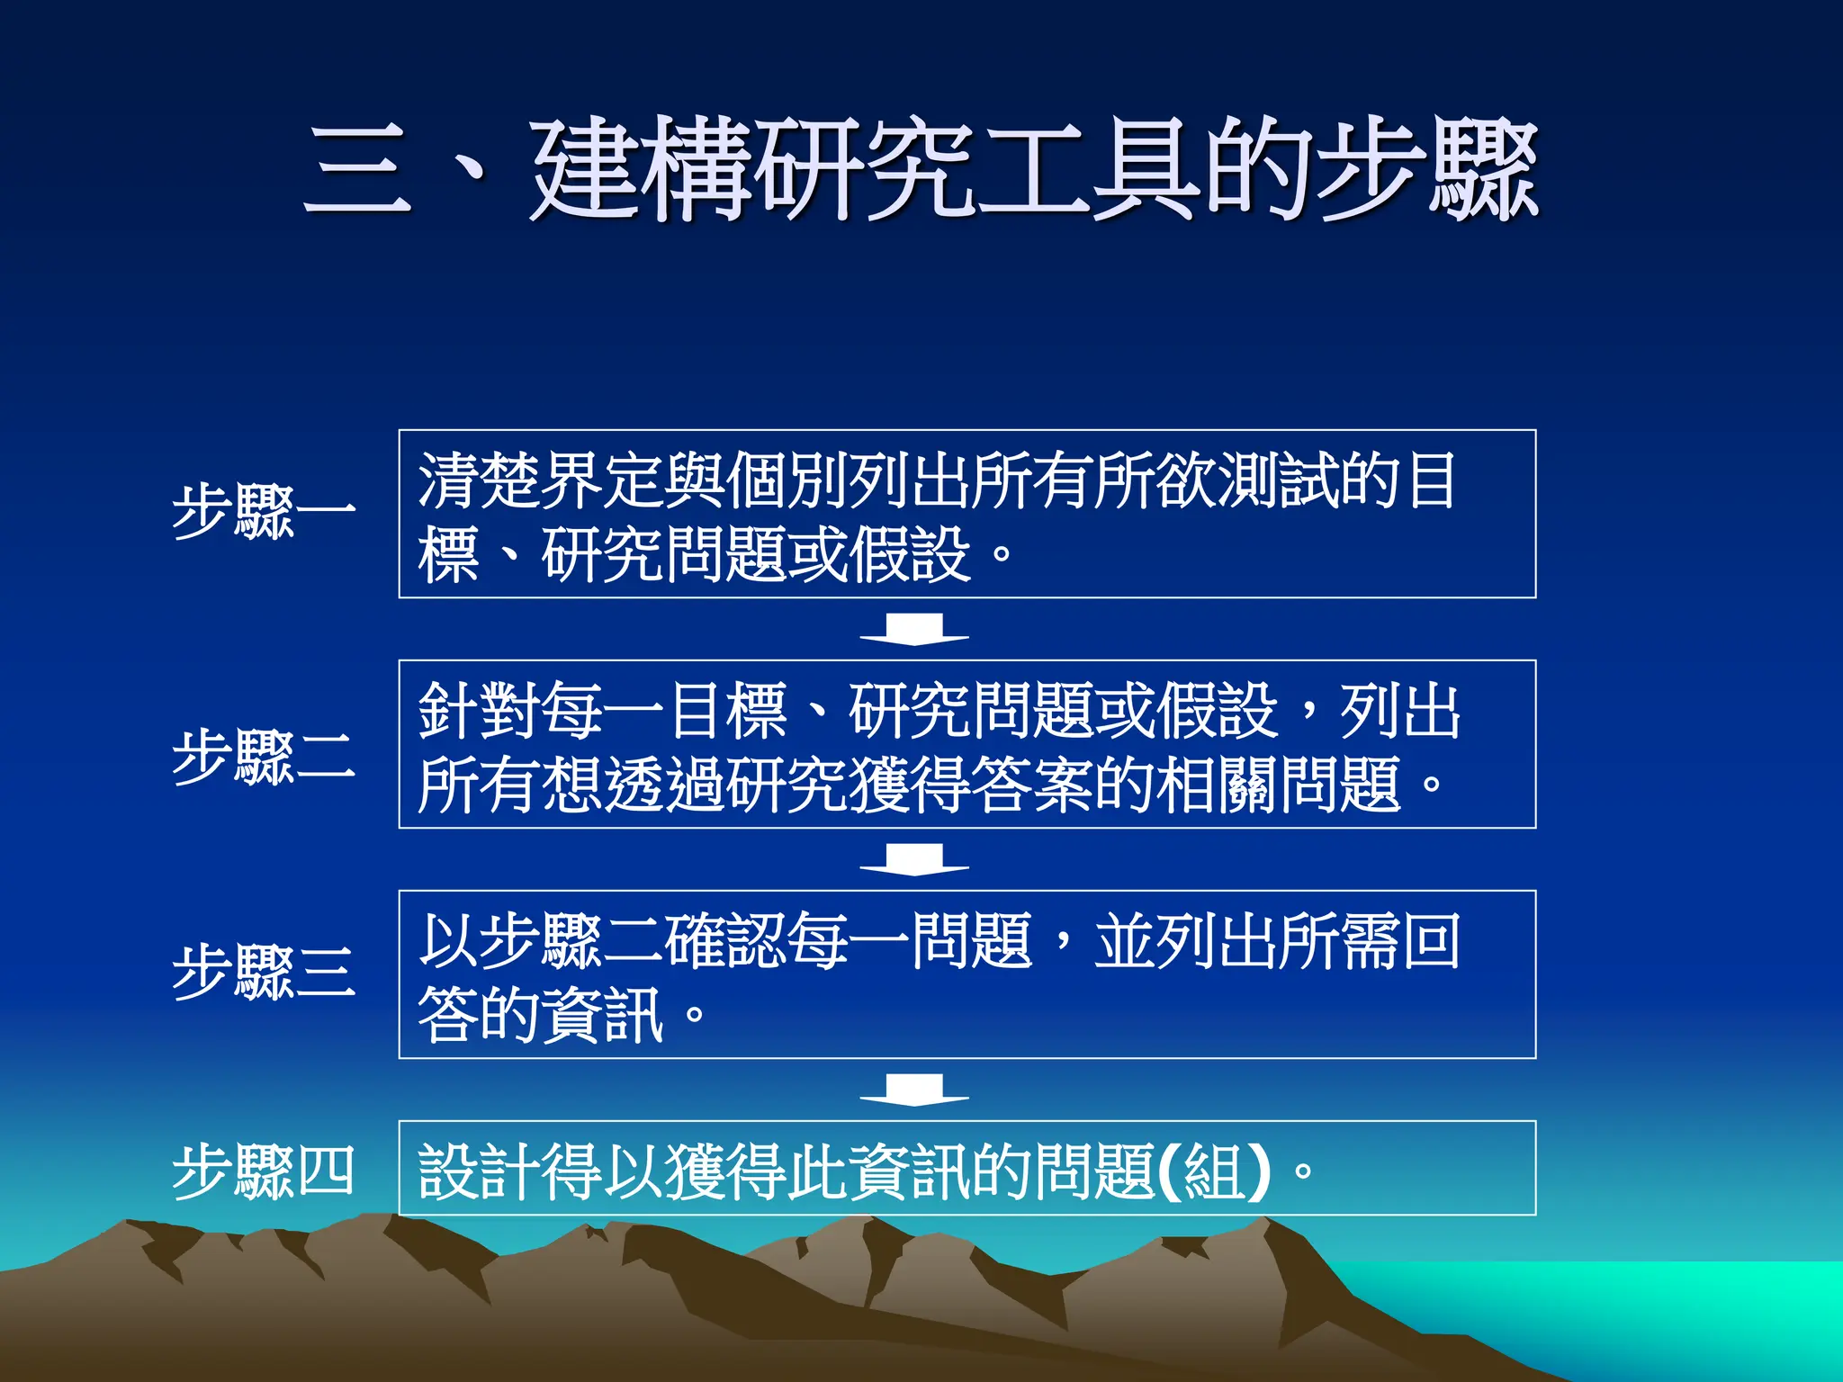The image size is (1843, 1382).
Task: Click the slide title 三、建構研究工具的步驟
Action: click(921, 171)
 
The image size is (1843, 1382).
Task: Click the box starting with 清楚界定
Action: click(966, 514)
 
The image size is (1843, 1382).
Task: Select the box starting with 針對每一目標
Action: click(966, 744)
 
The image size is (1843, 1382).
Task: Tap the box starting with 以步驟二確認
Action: click(966, 974)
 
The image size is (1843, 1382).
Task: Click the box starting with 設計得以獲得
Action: click(966, 1168)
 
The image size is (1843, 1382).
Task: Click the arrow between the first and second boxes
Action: click(914, 629)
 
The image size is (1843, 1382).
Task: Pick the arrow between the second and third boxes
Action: click(914, 859)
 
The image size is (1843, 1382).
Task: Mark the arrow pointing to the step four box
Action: click(914, 1090)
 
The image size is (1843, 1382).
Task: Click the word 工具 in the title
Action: click(1089, 171)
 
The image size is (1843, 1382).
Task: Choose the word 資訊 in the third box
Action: click(603, 1015)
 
